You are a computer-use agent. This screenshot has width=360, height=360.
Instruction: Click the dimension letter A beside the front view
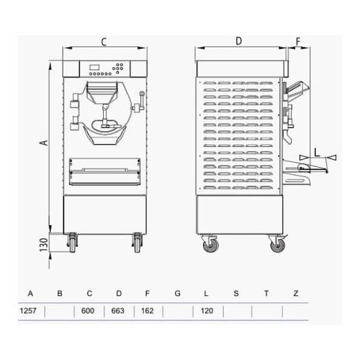43,143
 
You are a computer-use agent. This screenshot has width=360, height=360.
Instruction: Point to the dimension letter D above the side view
238,42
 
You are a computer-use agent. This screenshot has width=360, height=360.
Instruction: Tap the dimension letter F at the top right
297,42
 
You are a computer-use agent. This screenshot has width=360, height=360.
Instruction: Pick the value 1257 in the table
30,312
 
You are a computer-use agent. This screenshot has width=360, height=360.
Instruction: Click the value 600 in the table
89,312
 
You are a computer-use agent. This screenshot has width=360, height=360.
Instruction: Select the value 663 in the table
119,312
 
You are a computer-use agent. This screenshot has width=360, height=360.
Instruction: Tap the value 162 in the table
148,312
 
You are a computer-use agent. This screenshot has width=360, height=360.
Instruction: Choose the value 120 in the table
206,312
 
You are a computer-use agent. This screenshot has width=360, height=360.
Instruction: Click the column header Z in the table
295,294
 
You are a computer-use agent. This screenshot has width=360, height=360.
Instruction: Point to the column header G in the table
176,294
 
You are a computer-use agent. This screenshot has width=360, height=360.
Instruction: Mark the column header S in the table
235,294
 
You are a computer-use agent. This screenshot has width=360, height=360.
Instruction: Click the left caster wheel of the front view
73,243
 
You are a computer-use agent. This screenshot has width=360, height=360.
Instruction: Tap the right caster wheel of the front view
137,243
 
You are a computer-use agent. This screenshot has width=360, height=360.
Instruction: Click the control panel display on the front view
95,69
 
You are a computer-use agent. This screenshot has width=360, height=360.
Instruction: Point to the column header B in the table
60,294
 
